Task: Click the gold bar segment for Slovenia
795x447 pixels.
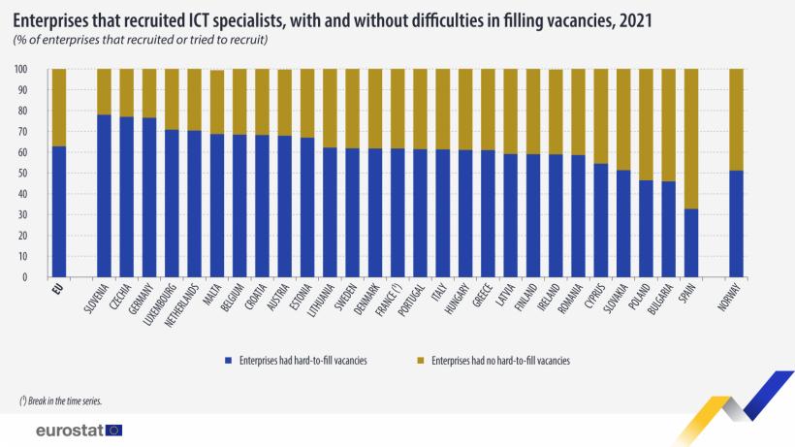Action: click(103, 91)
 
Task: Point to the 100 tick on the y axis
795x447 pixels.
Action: click(21, 70)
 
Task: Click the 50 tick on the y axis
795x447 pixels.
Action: click(23, 174)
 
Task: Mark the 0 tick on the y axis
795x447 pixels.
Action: click(26, 277)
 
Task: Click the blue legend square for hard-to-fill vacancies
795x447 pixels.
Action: click(229, 360)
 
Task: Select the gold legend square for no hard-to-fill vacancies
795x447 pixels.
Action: click(422, 360)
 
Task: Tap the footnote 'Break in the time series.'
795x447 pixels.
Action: click(59, 400)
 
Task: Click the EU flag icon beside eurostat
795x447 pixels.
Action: click(114, 430)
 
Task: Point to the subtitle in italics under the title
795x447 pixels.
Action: click(142, 39)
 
